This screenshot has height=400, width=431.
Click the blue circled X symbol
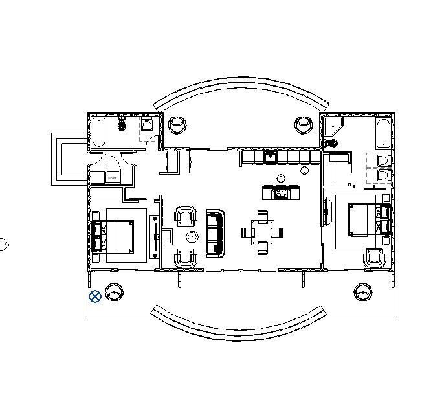tap(95, 296)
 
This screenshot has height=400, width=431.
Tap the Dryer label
tap(112, 177)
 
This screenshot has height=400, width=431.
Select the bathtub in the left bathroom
tap(99, 132)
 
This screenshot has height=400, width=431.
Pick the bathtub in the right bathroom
tap(383, 133)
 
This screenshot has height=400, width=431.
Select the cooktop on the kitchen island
tap(281, 192)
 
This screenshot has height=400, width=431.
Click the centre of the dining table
tap(262, 231)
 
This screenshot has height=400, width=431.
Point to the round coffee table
tap(192, 236)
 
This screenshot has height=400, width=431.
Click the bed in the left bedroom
tap(115, 236)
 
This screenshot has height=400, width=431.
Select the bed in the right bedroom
tap(367, 219)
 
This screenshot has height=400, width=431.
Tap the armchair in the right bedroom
tap(375, 258)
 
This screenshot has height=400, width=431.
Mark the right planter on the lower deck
tap(363, 292)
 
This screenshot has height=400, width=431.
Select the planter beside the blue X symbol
tap(115, 293)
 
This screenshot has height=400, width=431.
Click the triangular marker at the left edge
tap(4, 245)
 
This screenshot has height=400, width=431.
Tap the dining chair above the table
tap(262, 216)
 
